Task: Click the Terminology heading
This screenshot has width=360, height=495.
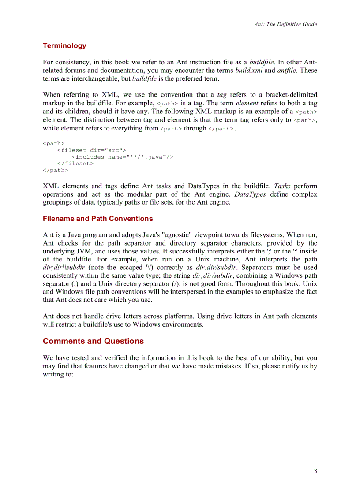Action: [64, 46]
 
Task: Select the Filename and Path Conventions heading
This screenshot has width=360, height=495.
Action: [97, 219]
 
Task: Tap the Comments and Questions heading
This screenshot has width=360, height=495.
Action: [93, 341]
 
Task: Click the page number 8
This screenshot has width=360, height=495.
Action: [315, 471]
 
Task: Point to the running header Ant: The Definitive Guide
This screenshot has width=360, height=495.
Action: [285, 24]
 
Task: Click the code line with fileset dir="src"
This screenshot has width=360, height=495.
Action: [92, 150]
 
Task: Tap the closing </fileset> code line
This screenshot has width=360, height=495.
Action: [75, 164]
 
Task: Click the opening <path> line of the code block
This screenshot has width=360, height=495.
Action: [53, 144]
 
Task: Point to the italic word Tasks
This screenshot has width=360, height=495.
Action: [282, 186]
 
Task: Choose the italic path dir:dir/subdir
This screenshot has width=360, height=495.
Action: [214, 268]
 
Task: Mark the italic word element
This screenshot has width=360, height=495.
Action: [248, 103]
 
